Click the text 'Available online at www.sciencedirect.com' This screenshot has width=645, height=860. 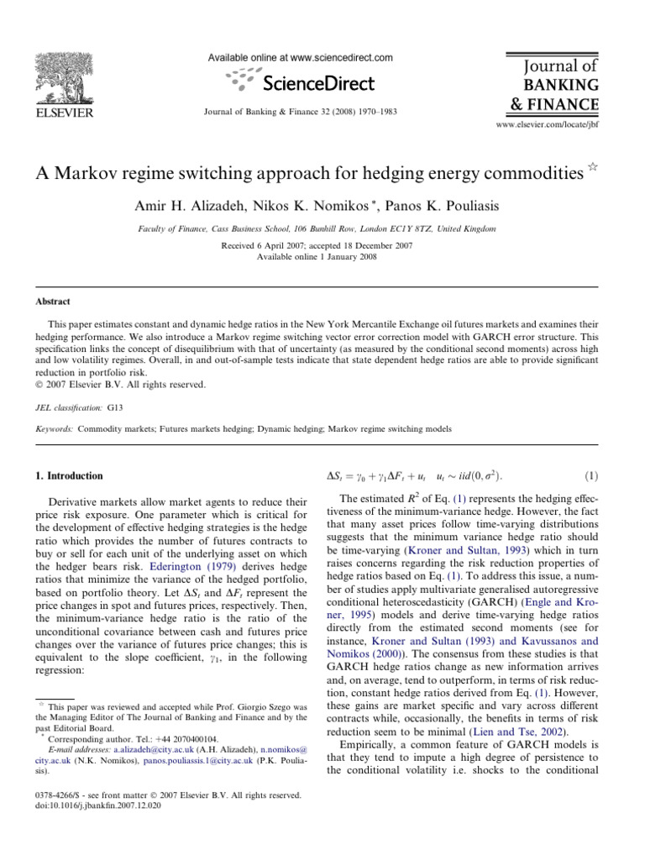pos(301,57)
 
